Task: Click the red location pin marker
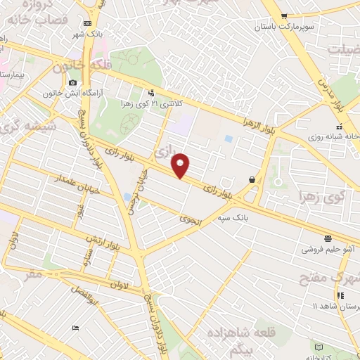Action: click(181, 165)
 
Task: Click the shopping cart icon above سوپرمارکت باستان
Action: click(283, 16)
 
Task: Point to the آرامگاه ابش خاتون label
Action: click(72, 92)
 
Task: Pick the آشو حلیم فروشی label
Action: click(328, 248)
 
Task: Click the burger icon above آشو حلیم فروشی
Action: click(328, 238)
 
